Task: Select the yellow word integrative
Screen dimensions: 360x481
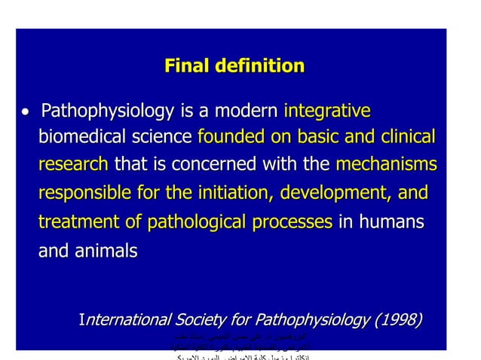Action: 326,112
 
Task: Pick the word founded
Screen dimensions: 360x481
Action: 229,138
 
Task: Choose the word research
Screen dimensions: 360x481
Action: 73,165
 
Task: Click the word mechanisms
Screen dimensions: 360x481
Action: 385,165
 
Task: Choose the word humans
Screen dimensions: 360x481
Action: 392,222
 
